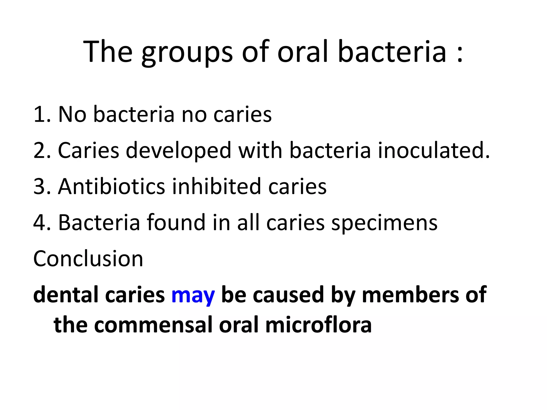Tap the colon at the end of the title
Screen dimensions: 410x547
pyautogui.click(x=459, y=53)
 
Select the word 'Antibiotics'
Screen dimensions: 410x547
pyautogui.click(x=112, y=186)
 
